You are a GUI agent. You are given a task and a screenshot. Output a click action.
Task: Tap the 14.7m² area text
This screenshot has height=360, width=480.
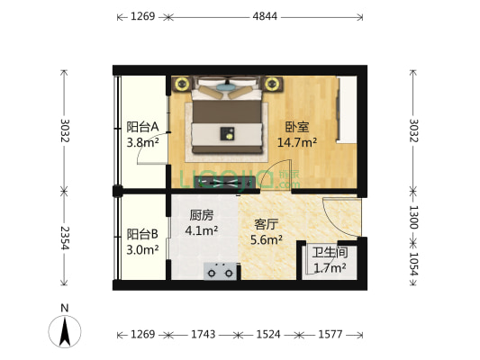[296, 142]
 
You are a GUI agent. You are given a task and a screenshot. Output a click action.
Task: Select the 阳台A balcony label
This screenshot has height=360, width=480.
[142, 127]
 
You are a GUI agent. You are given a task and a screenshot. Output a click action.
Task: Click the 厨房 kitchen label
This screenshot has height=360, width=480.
[201, 216]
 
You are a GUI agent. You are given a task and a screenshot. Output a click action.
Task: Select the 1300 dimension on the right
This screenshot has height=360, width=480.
[413, 217]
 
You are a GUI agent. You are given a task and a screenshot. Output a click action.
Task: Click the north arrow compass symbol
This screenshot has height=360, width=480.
[65, 329]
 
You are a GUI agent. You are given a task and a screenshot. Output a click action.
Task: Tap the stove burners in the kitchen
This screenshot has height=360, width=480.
[221, 269]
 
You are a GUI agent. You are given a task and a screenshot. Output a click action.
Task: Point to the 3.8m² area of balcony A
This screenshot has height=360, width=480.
[143, 142]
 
